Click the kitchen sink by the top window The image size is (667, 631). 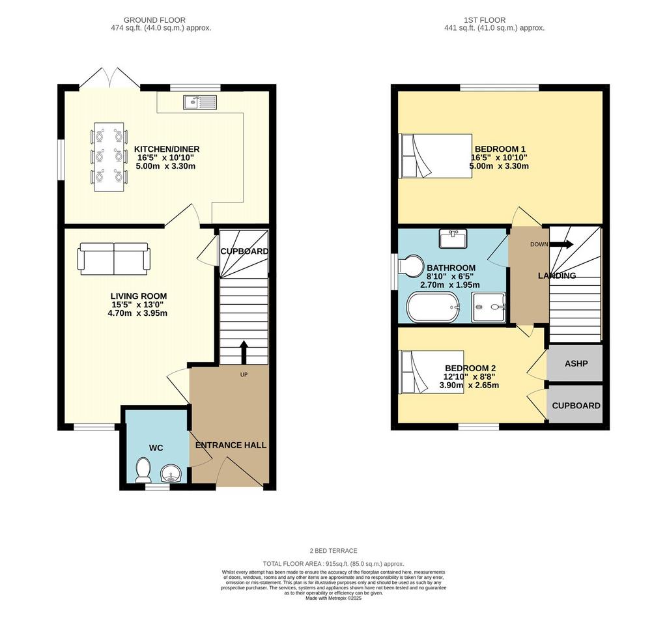(x=200, y=102)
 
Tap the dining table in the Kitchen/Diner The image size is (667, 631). (x=109, y=157)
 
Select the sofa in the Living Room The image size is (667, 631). (x=113, y=259)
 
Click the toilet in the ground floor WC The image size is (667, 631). (x=143, y=470)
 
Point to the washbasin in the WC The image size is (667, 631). (x=171, y=473)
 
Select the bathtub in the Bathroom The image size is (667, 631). (x=434, y=307)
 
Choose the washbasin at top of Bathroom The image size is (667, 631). (x=453, y=238)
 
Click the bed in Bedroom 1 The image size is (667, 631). (x=435, y=156)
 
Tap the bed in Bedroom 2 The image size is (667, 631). (x=431, y=372)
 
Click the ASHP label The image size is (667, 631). (x=576, y=363)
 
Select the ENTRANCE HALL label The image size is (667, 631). (x=231, y=445)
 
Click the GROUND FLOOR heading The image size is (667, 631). (x=154, y=20)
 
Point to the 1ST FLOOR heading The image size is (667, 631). (x=485, y=20)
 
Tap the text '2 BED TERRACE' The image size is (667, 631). (x=333, y=551)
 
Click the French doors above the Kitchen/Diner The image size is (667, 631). (x=109, y=77)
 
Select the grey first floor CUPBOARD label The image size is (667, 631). (x=576, y=406)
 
